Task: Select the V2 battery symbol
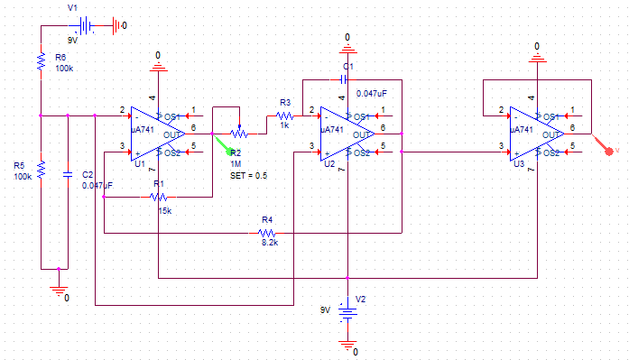point(347,312)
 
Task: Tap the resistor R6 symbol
point(42,60)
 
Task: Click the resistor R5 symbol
point(42,171)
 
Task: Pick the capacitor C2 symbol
point(69,173)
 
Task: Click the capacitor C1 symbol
point(346,79)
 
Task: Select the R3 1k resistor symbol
point(284,115)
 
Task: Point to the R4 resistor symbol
point(267,233)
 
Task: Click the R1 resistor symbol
point(159,197)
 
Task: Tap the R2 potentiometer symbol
point(239,134)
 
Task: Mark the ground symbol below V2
point(347,343)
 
